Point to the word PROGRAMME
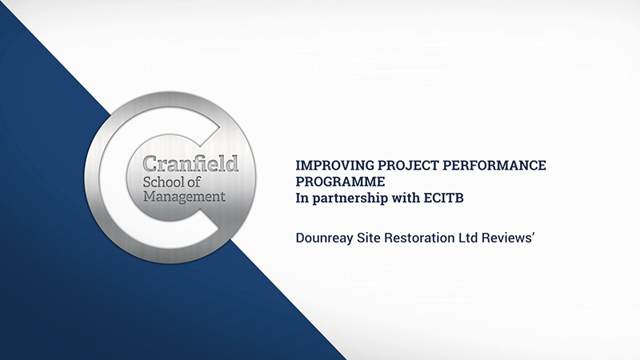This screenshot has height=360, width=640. (x=334, y=181)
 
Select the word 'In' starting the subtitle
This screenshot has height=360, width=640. (x=302, y=197)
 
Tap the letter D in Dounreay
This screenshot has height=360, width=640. (x=301, y=237)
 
